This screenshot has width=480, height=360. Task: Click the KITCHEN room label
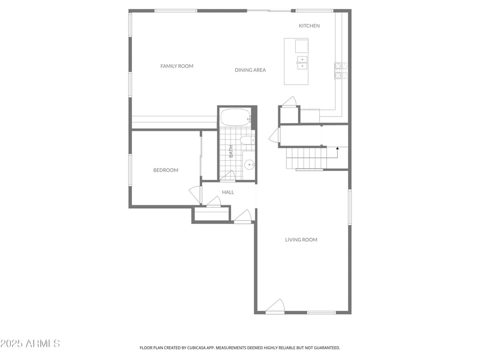pyautogui.click(x=309, y=26)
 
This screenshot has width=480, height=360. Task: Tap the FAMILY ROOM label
pyautogui.click(x=177, y=66)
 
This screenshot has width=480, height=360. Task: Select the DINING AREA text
pyautogui.click(x=250, y=70)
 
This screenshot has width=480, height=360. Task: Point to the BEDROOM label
pyautogui.click(x=166, y=170)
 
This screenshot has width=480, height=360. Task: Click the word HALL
pyautogui.click(x=228, y=192)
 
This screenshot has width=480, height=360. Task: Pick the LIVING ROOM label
pyautogui.click(x=301, y=240)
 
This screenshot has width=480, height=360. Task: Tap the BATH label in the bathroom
pyautogui.click(x=230, y=151)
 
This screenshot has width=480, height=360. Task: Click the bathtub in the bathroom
pyautogui.click(x=235, y=117)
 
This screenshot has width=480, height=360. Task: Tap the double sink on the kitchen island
pyautogui.click(x=302, y=62)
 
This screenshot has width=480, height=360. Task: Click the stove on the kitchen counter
pyautogui.click(x=340, y=71)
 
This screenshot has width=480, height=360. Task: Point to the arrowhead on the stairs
pyautogui.click(x=338, y=147)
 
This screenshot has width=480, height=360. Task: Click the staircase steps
pyautogui.click(x=306, y=158)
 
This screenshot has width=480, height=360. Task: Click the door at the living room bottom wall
pyautogui.click(x=275, y=307)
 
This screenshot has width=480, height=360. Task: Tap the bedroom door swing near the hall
pyautogui.click(x=196, y=193)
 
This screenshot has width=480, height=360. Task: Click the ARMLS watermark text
pyautogui.click(x=30, y=344)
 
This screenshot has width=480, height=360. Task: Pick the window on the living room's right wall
pyautogui.click(x=349, y=207)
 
